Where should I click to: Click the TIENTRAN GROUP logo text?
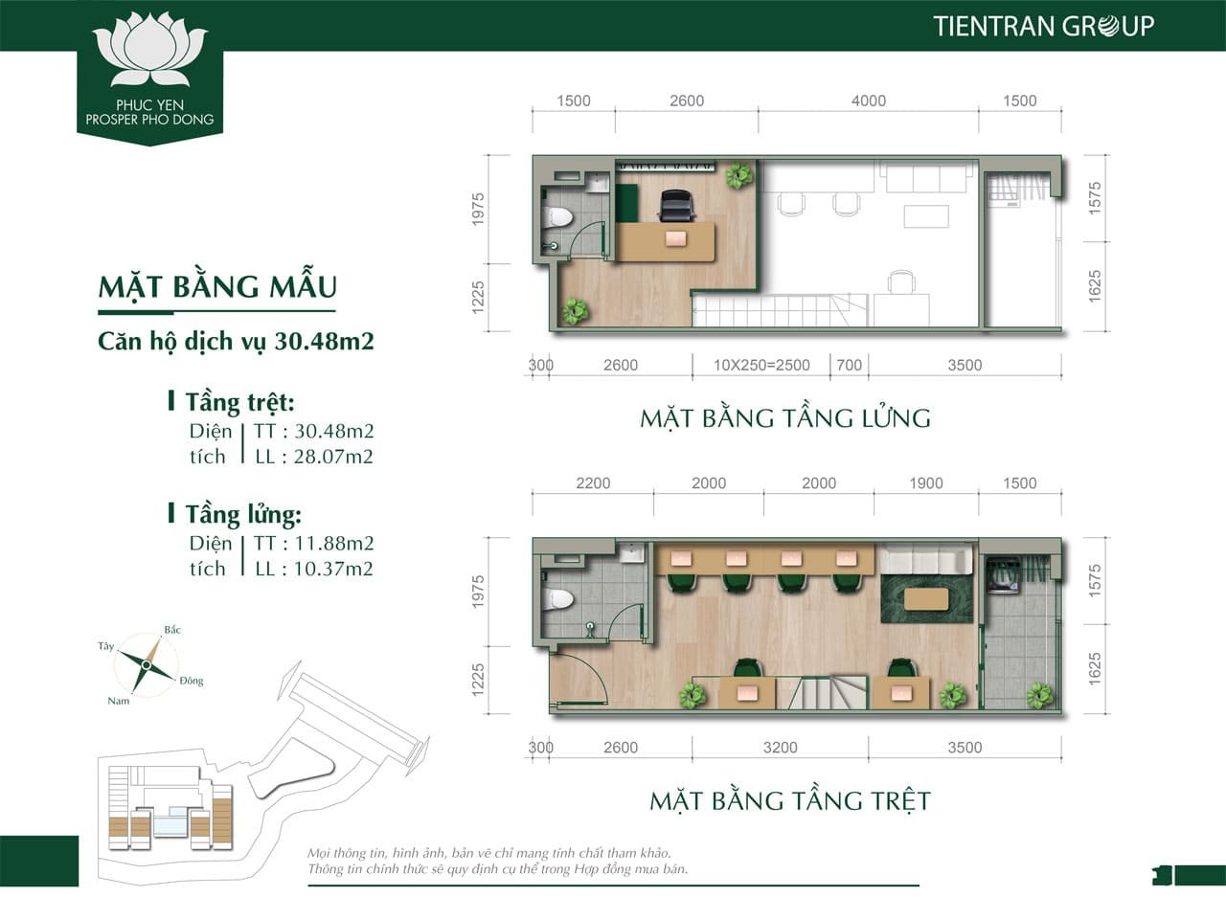[x=1043, y=26]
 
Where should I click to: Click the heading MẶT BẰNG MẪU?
[x=217, y=287]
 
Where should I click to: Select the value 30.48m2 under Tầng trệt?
[x=333, y=432]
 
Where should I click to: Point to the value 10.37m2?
[x=333, y=569]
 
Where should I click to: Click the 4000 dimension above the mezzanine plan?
[x=869, y=101]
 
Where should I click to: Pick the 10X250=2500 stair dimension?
[x=761, y=366]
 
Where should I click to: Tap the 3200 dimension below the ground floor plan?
[x=781, y=748]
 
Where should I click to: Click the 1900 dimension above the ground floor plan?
[x=926, y=483]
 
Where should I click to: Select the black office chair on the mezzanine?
[x=677, y=206]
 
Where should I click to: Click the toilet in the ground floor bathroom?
[x=557, y=600]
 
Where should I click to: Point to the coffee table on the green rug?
[x=925, y=599]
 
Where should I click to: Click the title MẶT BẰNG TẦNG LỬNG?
[x=785, y=418]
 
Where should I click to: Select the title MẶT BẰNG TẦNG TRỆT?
[x=790, y=801]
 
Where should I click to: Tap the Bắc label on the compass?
[x=172, y=630]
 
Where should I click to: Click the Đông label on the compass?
[x=192, y=681]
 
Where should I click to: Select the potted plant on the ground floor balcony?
[x=1039, y=695]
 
